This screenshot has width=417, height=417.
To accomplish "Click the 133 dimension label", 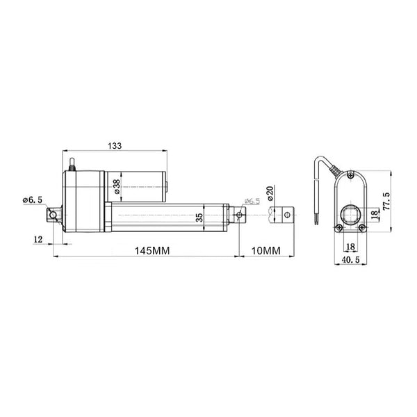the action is (x=115, y=146).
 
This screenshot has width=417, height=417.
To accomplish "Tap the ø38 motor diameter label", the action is (x=117, y=186).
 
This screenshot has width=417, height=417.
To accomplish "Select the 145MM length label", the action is (x=152, y=250).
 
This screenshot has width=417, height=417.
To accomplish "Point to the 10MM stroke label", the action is (x=265, y=250).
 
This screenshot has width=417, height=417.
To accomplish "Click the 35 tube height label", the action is (x=199, y=218).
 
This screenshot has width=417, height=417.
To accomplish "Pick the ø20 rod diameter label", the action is (x=270, y=193).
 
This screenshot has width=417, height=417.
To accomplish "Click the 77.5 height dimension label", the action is (x=386, y=202).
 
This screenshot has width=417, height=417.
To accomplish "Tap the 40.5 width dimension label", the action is (x=350, y=260).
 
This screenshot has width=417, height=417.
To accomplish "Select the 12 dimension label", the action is (x=38, y=239).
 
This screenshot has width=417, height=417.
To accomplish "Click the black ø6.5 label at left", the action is (x=33, y=200).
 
